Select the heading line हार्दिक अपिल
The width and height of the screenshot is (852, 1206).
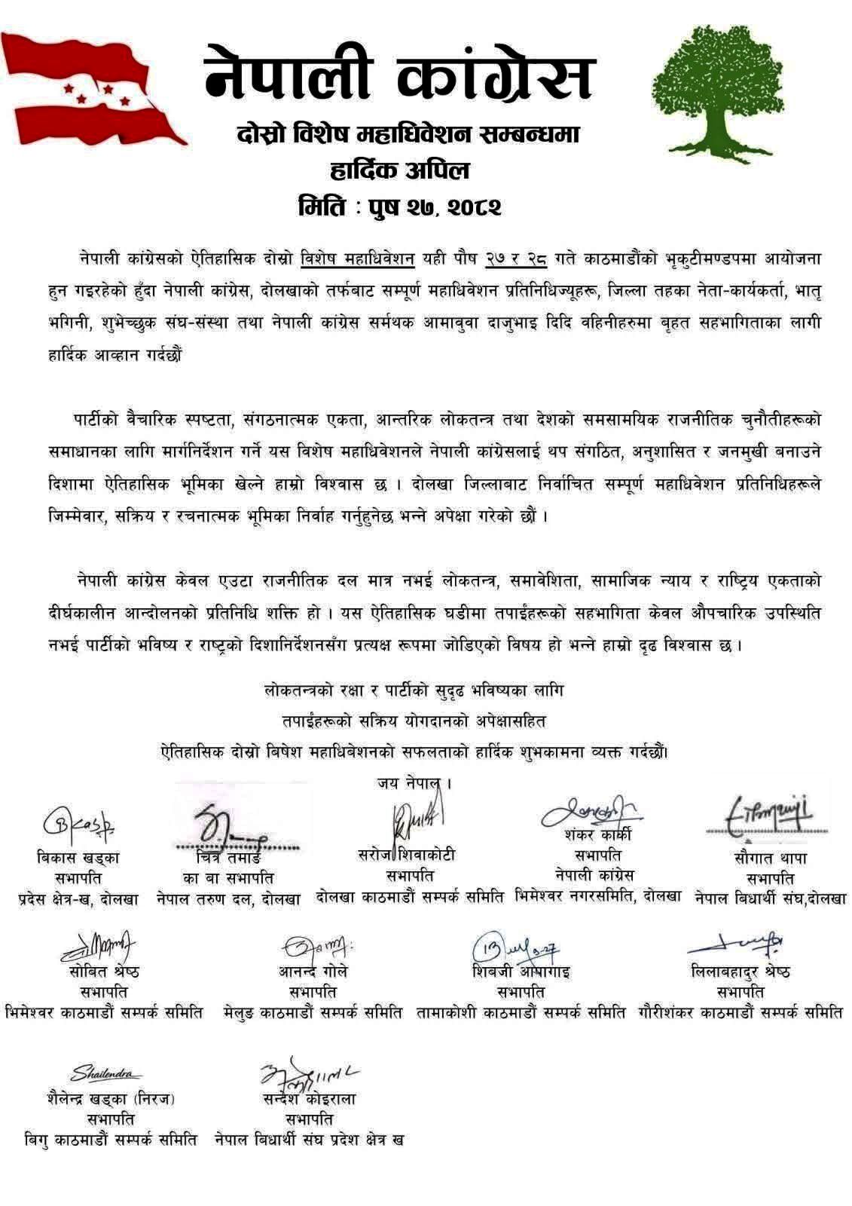tap(399, 170)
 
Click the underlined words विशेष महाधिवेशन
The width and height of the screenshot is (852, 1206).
tap(358, 259)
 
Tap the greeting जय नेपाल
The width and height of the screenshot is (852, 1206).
tap(414, 783)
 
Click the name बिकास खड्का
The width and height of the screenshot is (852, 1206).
tap(78, 858)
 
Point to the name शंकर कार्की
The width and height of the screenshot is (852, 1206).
tap(597, 835)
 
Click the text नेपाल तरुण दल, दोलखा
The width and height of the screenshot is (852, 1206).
tap(228, 898)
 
